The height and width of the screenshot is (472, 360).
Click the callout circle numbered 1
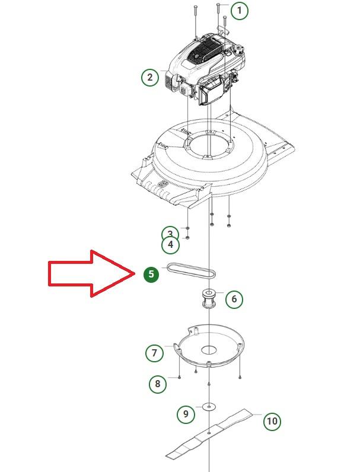[x=240, y=11]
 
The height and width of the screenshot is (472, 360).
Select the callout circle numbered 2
[x=150, y=77]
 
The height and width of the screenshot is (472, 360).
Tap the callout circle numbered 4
[x=170, y=244]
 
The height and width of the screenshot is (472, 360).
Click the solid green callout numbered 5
[x=151, y=274]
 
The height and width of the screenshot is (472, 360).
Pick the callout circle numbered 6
[x=234, y=299]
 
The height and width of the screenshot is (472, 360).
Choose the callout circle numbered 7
[x=154, y=352]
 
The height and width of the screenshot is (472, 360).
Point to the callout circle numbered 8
[x=158, y=384]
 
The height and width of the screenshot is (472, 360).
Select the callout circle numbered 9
[x=186, y=414]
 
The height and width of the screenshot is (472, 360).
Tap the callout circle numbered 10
[x=272, y=420]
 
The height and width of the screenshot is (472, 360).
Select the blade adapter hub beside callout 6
[x=208, y=299]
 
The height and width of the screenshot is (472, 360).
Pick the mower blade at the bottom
[x=209, y=433]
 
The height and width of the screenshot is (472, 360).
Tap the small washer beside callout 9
[x=209, y=406]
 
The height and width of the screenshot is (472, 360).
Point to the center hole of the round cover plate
[x=209, y=350]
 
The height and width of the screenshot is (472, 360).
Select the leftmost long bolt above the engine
[x=196, y=23]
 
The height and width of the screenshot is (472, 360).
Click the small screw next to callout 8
[x=179, y=377]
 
